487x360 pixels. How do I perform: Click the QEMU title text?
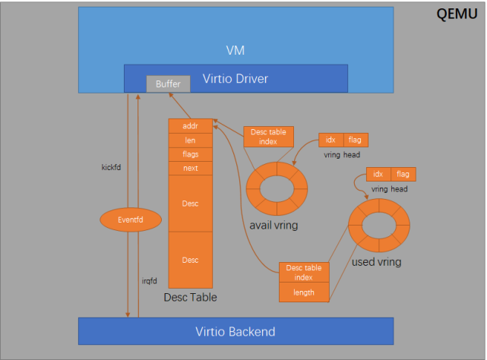point(457,14)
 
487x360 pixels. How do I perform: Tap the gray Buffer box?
point(168,84)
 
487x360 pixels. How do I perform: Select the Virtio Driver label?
point(235,79)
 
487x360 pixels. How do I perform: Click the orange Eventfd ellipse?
point(131,219)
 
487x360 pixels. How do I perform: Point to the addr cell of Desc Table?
point(191,126)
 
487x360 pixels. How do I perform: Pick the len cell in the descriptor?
point(191,141)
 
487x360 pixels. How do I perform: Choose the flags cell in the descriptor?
point(191,154)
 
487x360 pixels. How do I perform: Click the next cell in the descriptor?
point(191,168)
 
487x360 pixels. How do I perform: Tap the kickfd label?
point(111,167)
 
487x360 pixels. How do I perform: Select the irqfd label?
point(150,281)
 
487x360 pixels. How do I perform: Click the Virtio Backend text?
point(235,332)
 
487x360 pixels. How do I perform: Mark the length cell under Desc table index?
point(304,292)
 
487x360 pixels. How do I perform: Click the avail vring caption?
point(274,226)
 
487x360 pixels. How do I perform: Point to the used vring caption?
point(376,262)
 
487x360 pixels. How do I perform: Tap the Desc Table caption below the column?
point(190,297)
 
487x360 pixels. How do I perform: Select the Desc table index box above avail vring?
point(268,137)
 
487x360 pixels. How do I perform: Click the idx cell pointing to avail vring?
point(331,140)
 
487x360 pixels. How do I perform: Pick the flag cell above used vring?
point(403,174)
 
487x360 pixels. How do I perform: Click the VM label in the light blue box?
point(235,50)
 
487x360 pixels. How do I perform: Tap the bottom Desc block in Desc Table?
point(191,260)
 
